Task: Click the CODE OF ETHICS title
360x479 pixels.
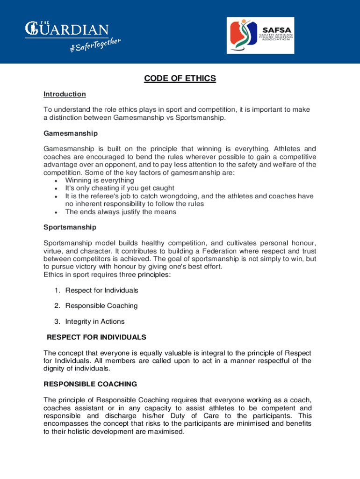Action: (x=180, y=79)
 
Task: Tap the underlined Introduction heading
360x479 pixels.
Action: (x=65, y=94)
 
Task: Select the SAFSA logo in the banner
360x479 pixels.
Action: (x=260, y=36)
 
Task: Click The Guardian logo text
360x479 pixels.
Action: (x=67, y=29)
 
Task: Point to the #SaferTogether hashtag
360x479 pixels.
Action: (x=95, y=46)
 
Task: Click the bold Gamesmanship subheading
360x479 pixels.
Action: (x=71, y=134)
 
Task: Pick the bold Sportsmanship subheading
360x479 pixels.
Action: (x=70, y=227)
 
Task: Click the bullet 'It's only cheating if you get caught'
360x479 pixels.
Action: (x=120, y=189)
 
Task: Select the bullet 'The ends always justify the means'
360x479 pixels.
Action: (x=121, y=212)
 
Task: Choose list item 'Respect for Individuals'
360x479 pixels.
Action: (x=101, y=290)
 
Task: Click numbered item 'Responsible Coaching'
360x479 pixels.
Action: (x=101, y=306)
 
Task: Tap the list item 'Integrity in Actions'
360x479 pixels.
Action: (x=94, y=322)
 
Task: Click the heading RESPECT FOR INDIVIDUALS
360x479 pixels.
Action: (x=97, y=337)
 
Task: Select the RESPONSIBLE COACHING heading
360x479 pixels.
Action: (x=90, y=385)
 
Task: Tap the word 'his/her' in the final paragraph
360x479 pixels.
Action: (x=153, y=416)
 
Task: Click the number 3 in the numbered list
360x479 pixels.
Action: (x=57, y=322)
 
